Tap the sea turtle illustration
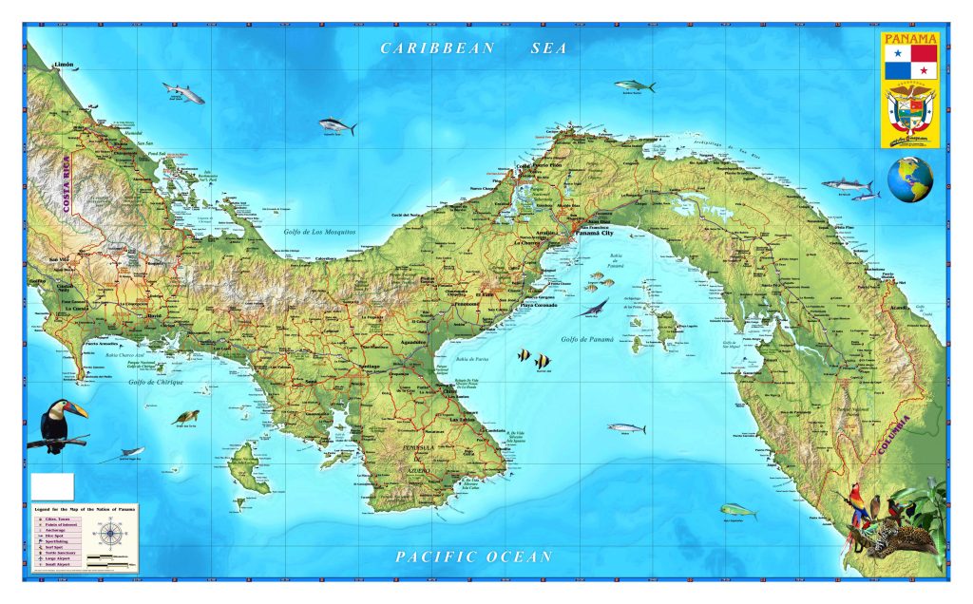tap(185, 417)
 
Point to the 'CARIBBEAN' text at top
tap(437, 47)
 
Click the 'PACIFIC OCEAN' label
tap(473, 557)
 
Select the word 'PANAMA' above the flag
tap(909, 39)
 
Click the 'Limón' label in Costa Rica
tap(64, 66)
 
